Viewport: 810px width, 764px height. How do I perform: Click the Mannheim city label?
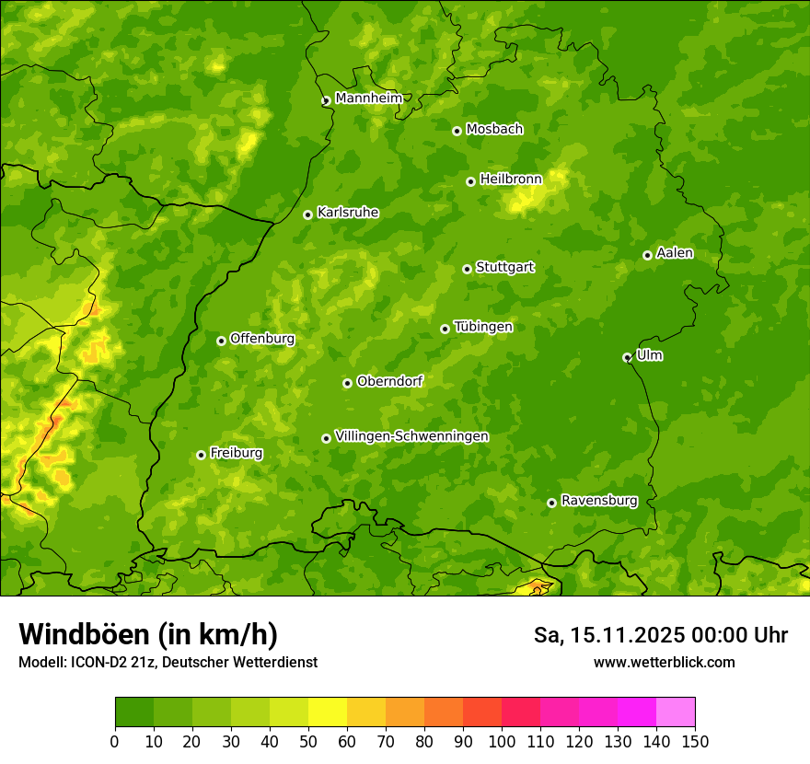tap(368, 98)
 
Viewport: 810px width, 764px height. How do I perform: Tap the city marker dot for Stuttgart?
tap(467, 269)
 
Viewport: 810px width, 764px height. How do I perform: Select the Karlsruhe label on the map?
tap(347, 213)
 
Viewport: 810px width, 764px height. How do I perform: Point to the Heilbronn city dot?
tap(470, 181)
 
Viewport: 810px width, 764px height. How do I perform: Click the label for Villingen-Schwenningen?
tap(411, 436)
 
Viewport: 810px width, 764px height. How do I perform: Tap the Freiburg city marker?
tap(201, 455)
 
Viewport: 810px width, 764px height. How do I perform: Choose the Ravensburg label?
tap(598, 501)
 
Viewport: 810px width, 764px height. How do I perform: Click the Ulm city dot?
tap(627, 357)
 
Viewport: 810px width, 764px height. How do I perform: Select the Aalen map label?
tap(674, 253)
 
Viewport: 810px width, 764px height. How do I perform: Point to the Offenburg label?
tap(261, 339)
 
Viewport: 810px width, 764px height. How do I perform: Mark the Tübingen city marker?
tap(445, 329)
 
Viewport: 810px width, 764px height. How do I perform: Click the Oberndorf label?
tap(389, 381)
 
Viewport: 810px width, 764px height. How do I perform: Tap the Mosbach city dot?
tap(457, 131)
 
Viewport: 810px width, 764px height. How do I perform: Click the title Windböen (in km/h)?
tap(147, 634)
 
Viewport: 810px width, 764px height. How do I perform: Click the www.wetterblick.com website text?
tap(664, 662)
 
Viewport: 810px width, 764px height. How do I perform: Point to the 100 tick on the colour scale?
tap(502, 741)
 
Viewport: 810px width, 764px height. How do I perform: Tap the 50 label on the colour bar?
tap(308, 741)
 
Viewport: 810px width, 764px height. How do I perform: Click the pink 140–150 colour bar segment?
tap(676, 712)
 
